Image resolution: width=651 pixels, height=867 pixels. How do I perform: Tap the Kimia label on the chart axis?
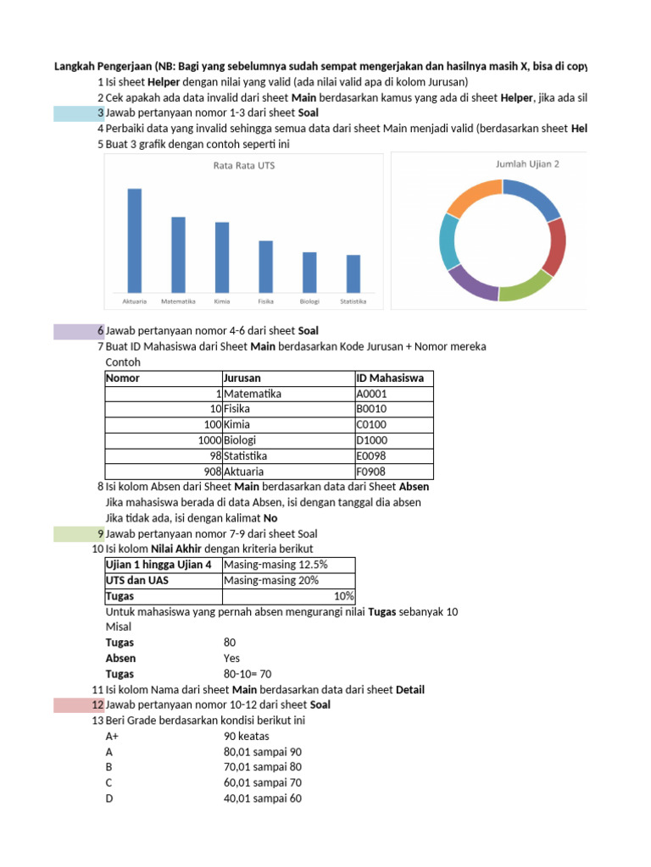(222, 301)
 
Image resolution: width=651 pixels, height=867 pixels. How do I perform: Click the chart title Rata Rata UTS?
(243, 166)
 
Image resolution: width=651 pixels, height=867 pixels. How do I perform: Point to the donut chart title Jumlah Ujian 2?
(526, 164)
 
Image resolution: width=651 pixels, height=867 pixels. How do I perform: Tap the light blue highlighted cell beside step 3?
(75, 113)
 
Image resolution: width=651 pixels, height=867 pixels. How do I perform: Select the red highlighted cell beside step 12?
(75, 705)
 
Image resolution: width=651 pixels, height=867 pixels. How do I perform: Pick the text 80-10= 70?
(248, 674)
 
